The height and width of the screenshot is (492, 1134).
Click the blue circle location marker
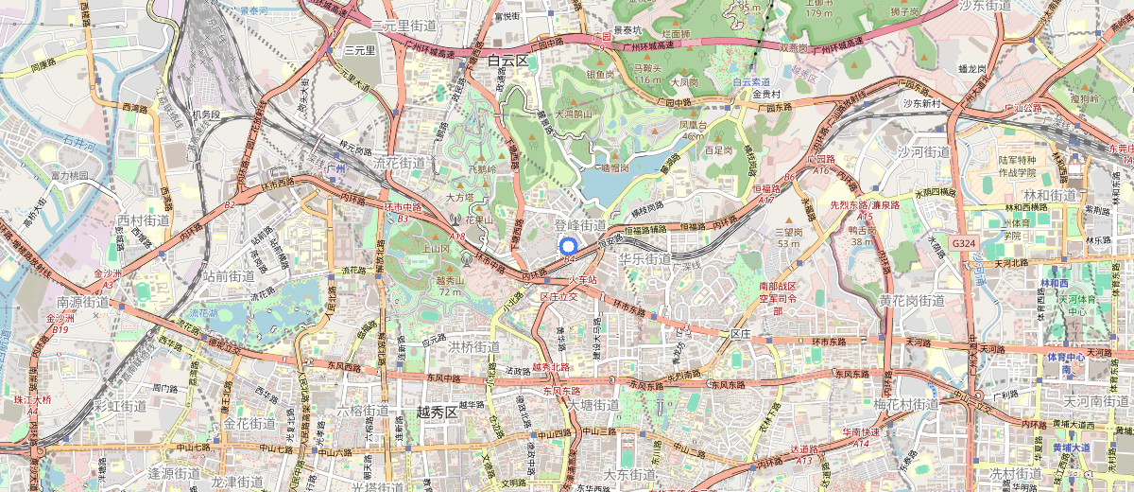click(x=569, y=241)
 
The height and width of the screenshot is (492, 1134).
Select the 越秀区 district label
click(x=437, y=412)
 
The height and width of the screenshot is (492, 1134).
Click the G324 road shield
click(x=963, y=243)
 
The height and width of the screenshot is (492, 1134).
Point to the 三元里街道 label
click(x=404, y=25)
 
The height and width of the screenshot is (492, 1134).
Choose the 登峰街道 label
click(x=580, y=224)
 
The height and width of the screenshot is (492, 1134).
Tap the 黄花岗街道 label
click(x=911, y=301)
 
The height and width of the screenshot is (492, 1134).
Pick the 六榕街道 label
click(x=363, y=411)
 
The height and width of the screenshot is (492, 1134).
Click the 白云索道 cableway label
click(x=751, y=82)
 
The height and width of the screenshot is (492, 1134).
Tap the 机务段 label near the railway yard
click(x=205, y=114)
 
